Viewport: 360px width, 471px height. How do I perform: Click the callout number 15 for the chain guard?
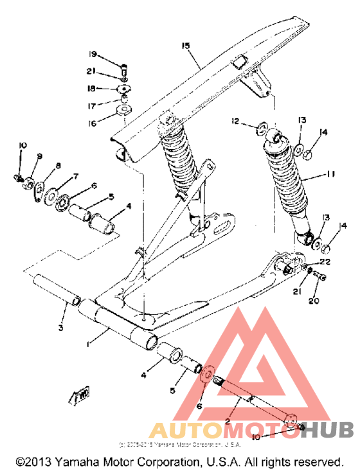[x=186, y=46]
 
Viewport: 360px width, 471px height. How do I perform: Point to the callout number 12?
[x=236, y=121]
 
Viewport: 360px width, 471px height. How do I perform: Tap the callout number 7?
[x=75, y=176]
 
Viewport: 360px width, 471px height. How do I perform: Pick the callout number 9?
[x=39, y=156]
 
